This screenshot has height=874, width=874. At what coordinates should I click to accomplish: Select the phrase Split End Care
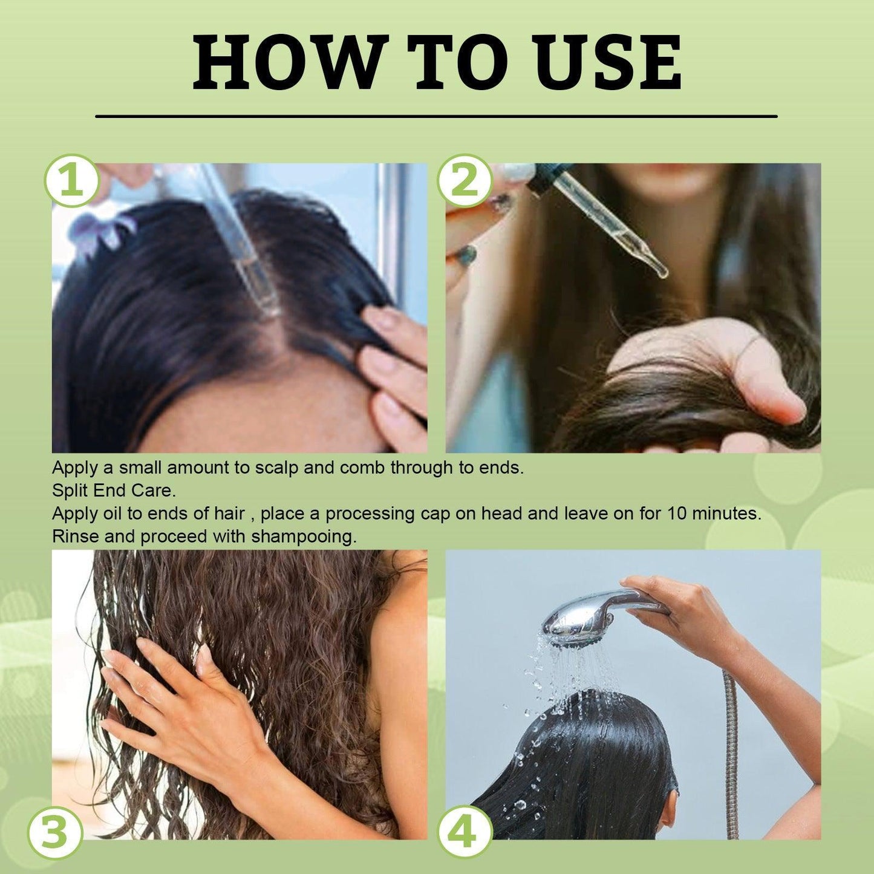(114, 491)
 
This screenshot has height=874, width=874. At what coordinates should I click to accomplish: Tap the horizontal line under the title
(436, 116)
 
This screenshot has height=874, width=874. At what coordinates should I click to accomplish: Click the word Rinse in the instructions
(74, 536)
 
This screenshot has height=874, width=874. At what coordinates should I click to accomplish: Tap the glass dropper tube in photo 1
(242, 242)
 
